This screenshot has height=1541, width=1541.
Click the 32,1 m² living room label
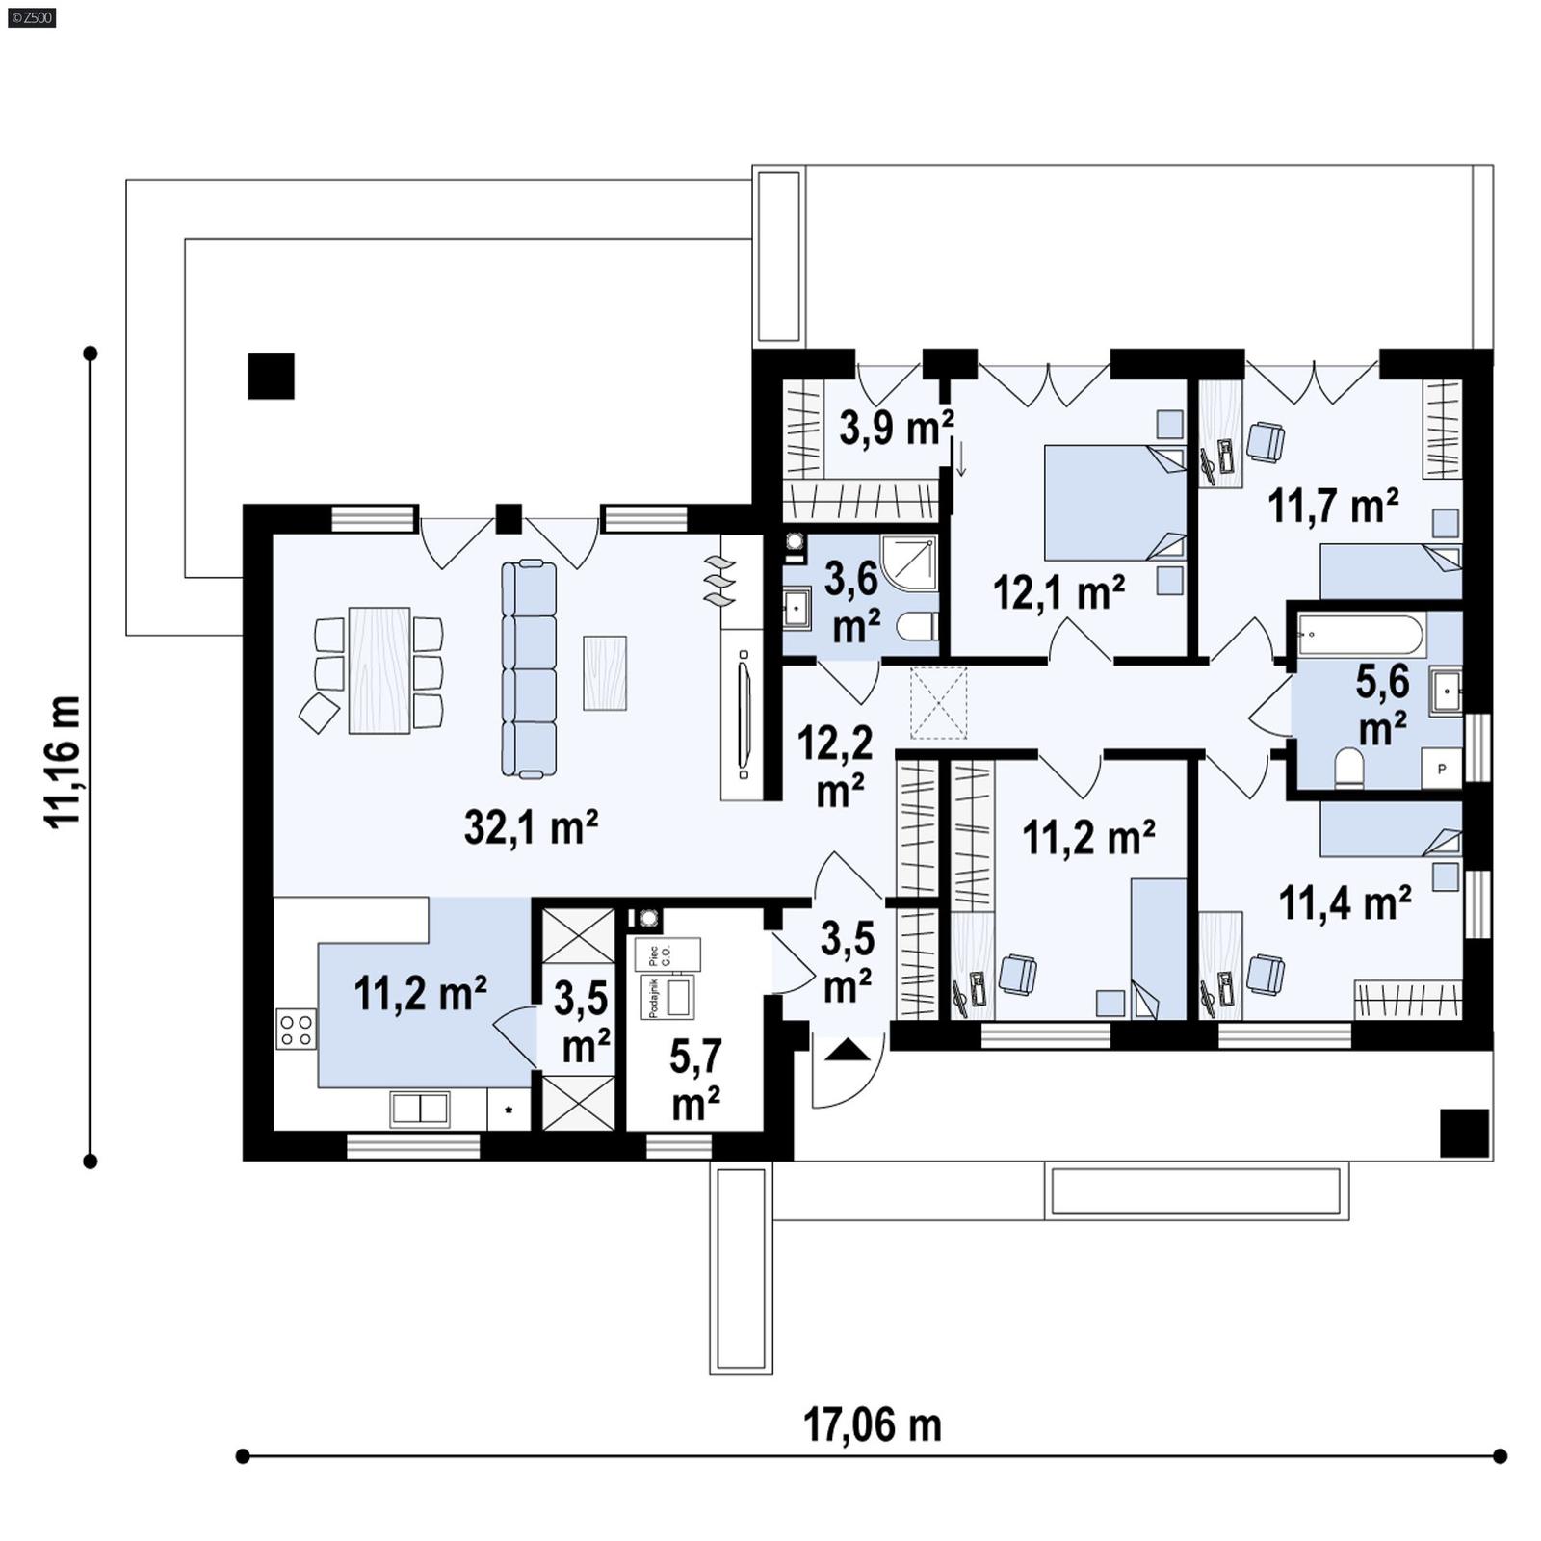click(531, 827)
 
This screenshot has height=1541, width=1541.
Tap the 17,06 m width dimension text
click(872, 1424)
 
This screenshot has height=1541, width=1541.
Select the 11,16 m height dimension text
click(64, 760)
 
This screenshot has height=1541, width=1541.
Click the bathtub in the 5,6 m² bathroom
click(1359, 637)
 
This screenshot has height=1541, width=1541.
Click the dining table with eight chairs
click(379, 669)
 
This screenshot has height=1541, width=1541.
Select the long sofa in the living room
click(529, 668)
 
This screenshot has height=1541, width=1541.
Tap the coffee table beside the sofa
click(605, 672)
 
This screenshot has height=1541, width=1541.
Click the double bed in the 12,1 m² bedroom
click(1113, 502)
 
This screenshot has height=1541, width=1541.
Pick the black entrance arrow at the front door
click(847, 1050)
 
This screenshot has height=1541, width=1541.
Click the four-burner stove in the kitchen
click(296, 1028)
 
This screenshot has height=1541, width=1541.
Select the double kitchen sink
click(419, 1109)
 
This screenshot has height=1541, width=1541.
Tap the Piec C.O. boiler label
click(666, 954)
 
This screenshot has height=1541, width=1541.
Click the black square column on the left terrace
click(271, 376)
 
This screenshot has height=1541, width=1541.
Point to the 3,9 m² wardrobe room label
click(896, 428)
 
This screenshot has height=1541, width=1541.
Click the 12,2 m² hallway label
click(835, 766)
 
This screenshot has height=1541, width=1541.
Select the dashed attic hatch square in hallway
click(938, 703)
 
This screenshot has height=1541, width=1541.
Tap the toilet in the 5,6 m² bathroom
click(1349, 769)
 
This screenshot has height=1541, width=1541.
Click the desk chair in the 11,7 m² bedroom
click(1265, 442)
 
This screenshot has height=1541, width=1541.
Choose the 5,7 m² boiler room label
click(695, 1080)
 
